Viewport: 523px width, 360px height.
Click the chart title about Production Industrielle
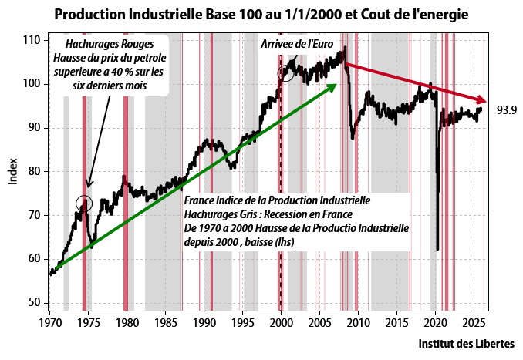coord(261,15)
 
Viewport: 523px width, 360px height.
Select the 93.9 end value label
coord(506,110)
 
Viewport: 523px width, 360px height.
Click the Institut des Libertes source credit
coord(466,344)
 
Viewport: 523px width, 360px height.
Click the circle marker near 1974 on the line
coord(85,204)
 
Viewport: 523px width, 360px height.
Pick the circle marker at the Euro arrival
coord(286,74)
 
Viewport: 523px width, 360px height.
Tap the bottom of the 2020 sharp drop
coord(437,249)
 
